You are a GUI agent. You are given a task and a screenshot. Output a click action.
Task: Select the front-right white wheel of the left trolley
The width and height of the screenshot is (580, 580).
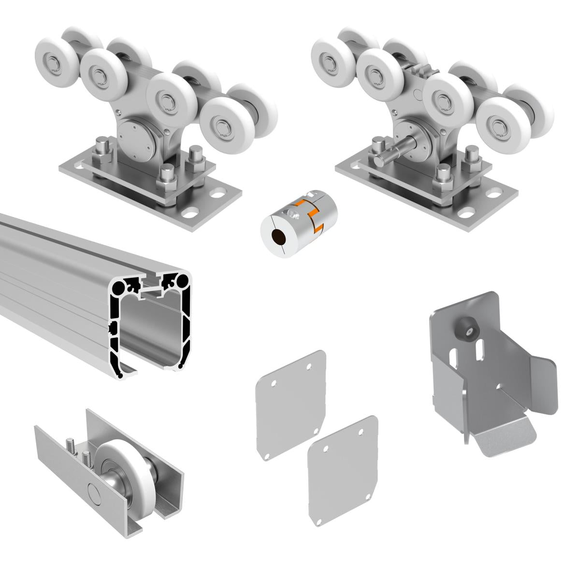tap(223, 128)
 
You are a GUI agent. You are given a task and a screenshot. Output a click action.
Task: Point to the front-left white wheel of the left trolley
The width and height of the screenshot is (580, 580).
tap(99, 75)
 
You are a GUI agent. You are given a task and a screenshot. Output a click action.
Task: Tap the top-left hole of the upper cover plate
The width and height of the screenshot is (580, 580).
tap(274, 384)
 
